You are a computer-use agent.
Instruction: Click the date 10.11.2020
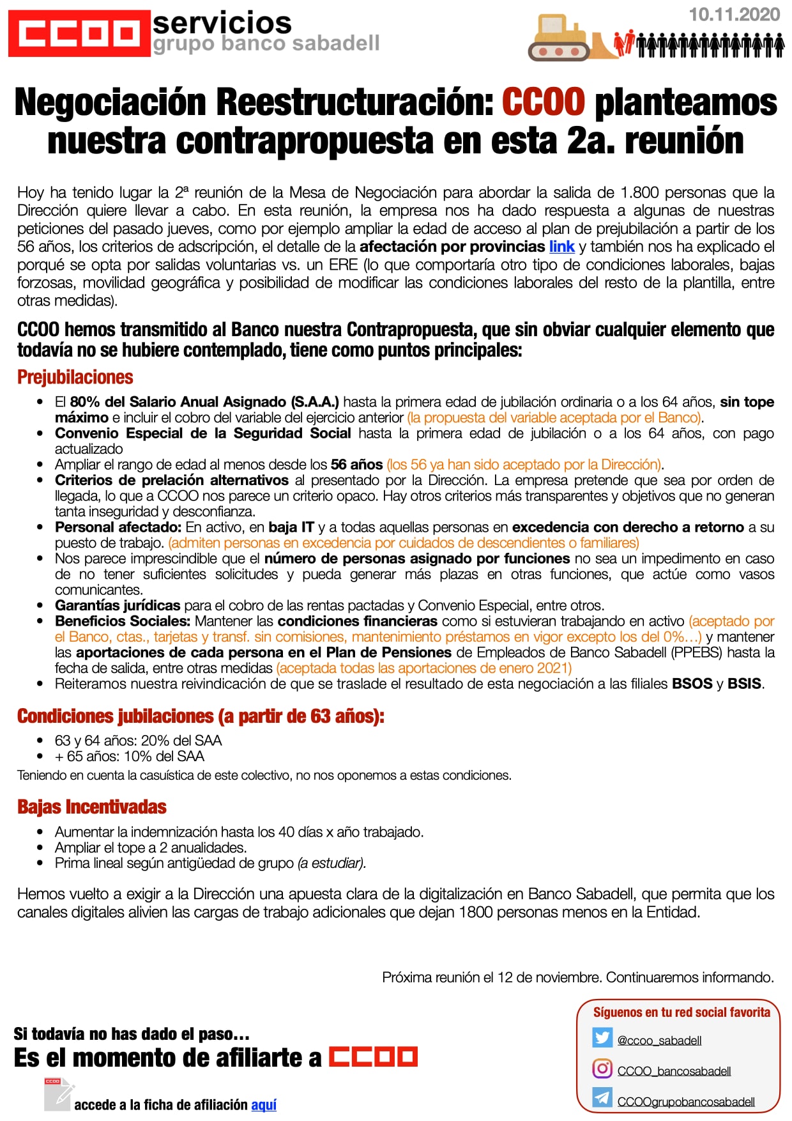point(734,15)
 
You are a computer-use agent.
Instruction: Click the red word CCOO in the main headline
point(543,102)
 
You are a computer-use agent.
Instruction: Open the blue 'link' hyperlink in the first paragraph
point(561,247)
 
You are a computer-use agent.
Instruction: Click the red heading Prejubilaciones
point(75,377)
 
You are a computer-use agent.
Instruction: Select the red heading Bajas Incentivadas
point(92,807)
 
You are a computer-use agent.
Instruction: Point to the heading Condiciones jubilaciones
point(201,716)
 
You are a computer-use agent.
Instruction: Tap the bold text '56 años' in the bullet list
point(356,465)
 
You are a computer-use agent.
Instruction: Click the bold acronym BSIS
point(744,684)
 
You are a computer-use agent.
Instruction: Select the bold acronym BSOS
point(692,684)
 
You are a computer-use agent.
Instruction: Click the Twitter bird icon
point(602,1037)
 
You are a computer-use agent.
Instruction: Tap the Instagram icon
point(602,1068)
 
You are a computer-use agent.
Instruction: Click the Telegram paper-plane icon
point(602,1097)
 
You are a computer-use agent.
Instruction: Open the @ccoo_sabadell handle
point(659,1040)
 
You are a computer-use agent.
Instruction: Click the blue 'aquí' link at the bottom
point(264,1105)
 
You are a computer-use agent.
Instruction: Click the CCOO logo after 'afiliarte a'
point(373,1057)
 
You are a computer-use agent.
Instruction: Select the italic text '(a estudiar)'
point(331,863)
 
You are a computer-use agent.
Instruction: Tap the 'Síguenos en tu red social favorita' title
point(682,1012)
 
